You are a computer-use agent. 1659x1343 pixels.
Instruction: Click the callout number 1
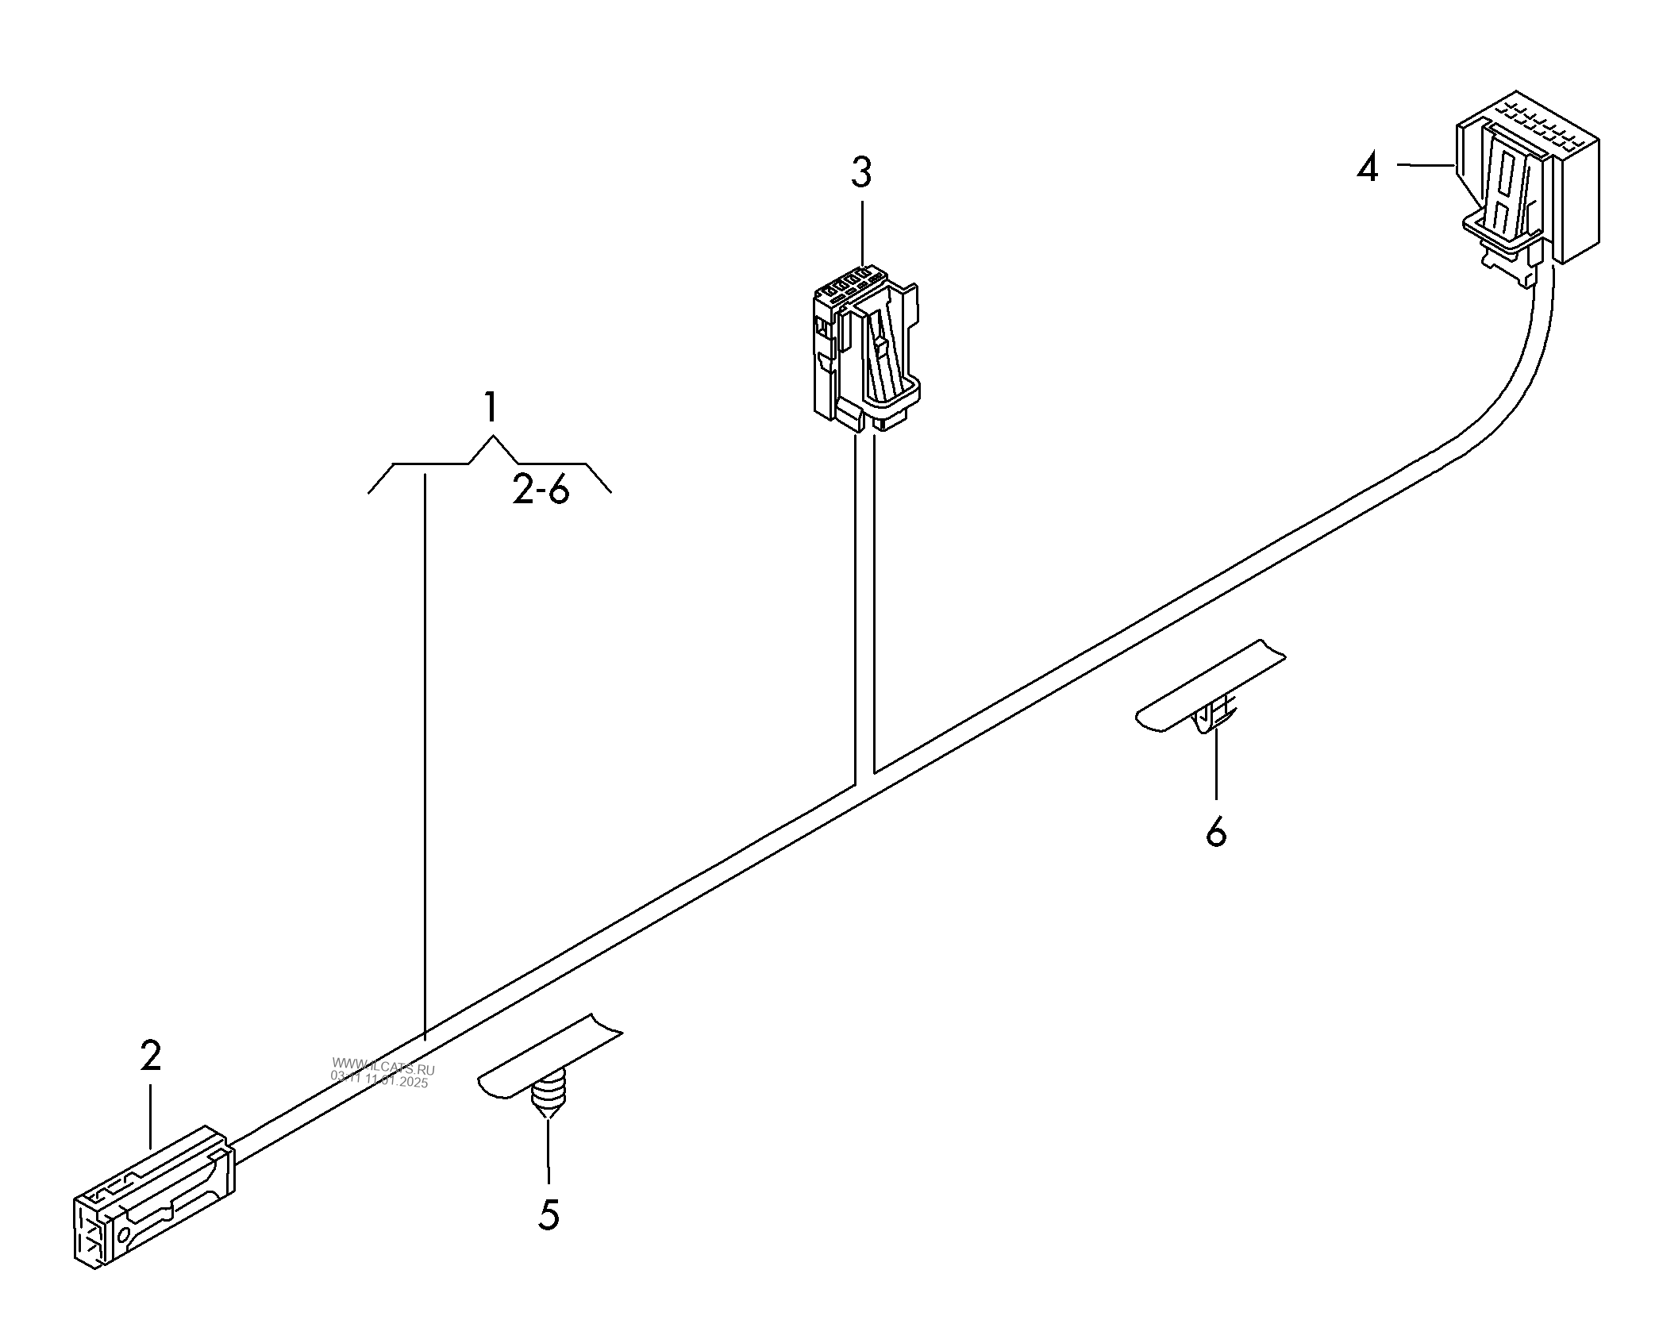[491, 408]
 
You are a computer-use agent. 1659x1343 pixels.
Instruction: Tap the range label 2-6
[541, 492]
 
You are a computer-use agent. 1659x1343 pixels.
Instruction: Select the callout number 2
[150, 1055]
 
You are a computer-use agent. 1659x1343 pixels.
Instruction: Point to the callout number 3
[861, 172]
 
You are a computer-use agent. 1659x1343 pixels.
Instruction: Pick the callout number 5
[549, 1214]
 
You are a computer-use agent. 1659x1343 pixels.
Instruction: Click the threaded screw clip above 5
[546, 1095]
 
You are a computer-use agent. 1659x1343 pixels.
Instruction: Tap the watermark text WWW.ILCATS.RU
[383, 1068]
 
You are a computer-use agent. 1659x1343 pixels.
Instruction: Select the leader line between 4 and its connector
[1426, 165]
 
